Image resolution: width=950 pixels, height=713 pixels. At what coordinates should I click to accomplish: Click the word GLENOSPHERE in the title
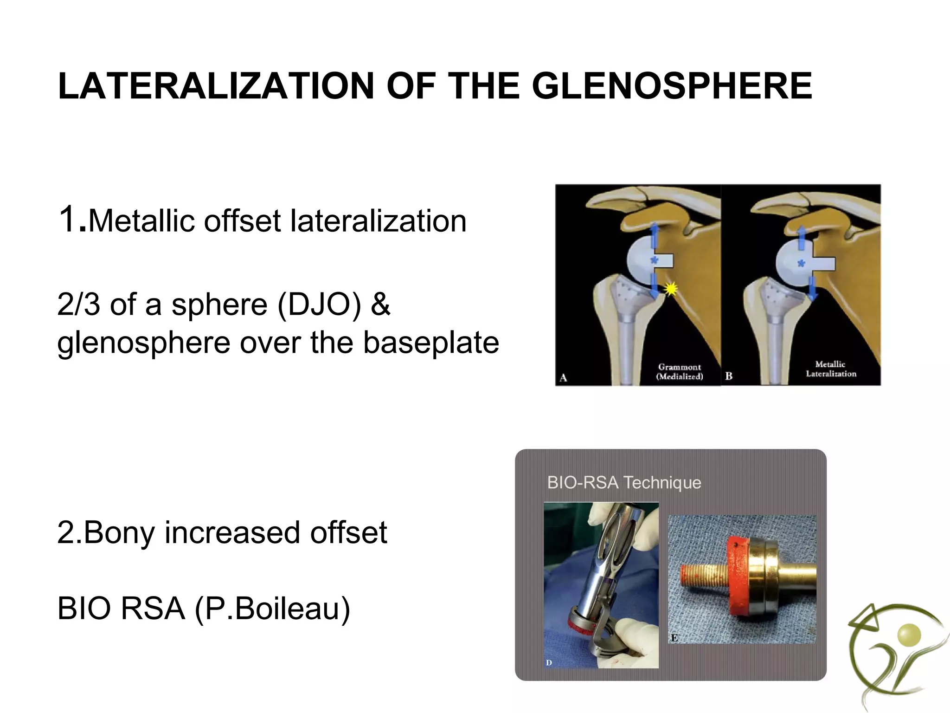(672, 86)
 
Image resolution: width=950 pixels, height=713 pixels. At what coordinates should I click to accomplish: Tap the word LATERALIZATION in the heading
(216, 86)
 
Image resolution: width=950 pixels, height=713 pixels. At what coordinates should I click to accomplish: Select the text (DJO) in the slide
(318, 305)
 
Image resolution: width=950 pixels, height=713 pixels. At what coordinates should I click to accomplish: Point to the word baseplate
(431, 343)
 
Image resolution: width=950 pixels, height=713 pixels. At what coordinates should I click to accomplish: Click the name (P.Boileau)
(272, 609)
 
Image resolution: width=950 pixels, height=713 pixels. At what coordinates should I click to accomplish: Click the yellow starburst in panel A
(670, 289)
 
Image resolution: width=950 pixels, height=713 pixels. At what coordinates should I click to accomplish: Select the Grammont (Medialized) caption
(680, 372)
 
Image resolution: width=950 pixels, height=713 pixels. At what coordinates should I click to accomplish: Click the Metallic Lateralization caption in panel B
(831, 369)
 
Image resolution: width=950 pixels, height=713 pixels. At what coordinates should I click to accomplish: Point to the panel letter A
(563, 378)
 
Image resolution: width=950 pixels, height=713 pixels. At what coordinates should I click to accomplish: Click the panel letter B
(729, 376)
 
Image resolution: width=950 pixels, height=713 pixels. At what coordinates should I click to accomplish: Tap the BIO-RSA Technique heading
(624, 483)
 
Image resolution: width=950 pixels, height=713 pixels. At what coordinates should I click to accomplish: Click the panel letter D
(549, 663)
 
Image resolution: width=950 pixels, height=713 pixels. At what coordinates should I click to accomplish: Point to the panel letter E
(674, 638)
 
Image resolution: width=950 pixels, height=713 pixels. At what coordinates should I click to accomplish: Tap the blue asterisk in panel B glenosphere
(800, 264)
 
